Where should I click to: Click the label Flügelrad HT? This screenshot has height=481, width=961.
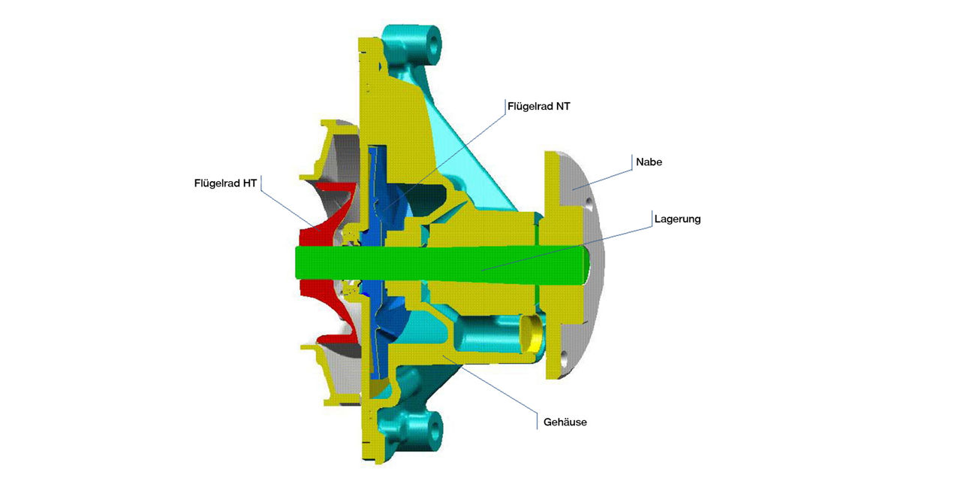(x=225, y=183)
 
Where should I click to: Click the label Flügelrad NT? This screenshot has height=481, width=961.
(x=538, y=107)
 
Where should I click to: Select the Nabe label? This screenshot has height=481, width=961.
(x=648, y=162)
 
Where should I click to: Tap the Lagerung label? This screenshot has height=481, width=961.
(x=676, y=219)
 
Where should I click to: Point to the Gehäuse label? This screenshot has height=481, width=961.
(x=565, y=422)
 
